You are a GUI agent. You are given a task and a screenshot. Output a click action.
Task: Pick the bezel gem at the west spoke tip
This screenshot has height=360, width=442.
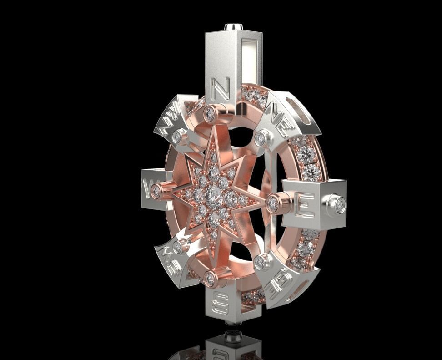tap(156, 192)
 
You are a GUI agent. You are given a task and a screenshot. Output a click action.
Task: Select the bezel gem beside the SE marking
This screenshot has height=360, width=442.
tap(260, 262)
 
